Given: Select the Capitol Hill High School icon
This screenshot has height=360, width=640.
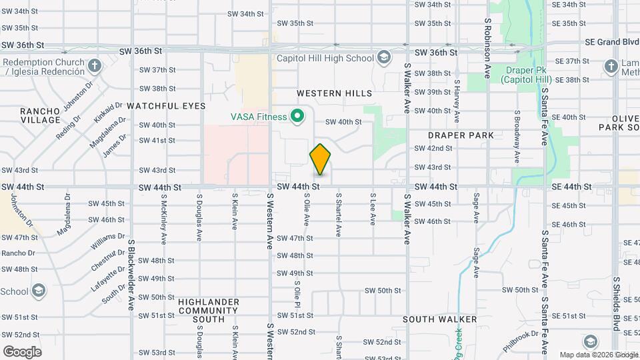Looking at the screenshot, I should point(383,58).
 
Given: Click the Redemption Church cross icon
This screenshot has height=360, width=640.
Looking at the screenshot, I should point(95,66).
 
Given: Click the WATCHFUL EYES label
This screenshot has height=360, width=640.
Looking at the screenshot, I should point(166,106).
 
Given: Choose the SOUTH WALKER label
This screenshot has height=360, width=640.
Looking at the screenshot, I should point(440,319).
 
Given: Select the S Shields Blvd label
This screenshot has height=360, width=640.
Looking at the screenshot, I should point(617,303).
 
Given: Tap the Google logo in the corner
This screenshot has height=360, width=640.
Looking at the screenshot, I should point(23,351).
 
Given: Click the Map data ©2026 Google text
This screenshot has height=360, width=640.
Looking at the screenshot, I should point(598,355).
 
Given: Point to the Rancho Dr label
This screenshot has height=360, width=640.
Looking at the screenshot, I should point(19,253).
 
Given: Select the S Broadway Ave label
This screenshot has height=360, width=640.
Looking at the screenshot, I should point(517,137).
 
